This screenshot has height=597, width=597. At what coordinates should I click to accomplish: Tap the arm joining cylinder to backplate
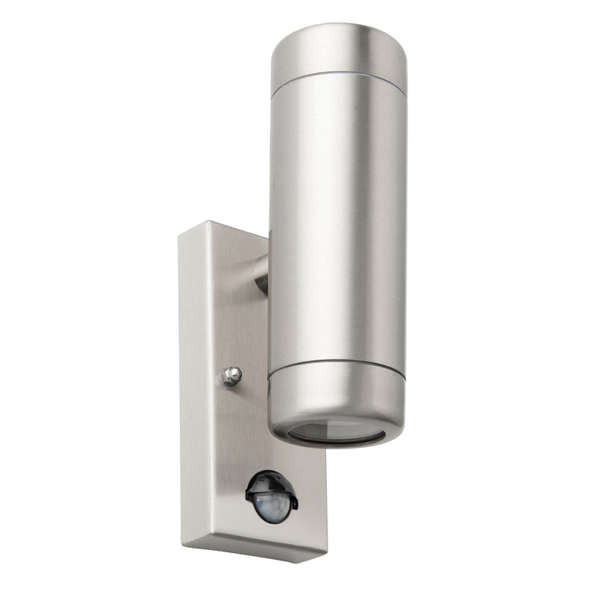pyautogui.click(x=261, y=273)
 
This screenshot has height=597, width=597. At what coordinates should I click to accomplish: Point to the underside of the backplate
pyautogui.click(x=254, y=548)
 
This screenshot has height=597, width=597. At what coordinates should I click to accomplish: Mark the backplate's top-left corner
pyautogui.click(x=180, y=236)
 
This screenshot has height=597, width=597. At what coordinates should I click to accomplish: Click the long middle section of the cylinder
pyautogui.click(x=337, y=224)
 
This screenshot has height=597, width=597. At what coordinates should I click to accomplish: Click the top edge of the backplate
pyautogui.click(x=224, y=228)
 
